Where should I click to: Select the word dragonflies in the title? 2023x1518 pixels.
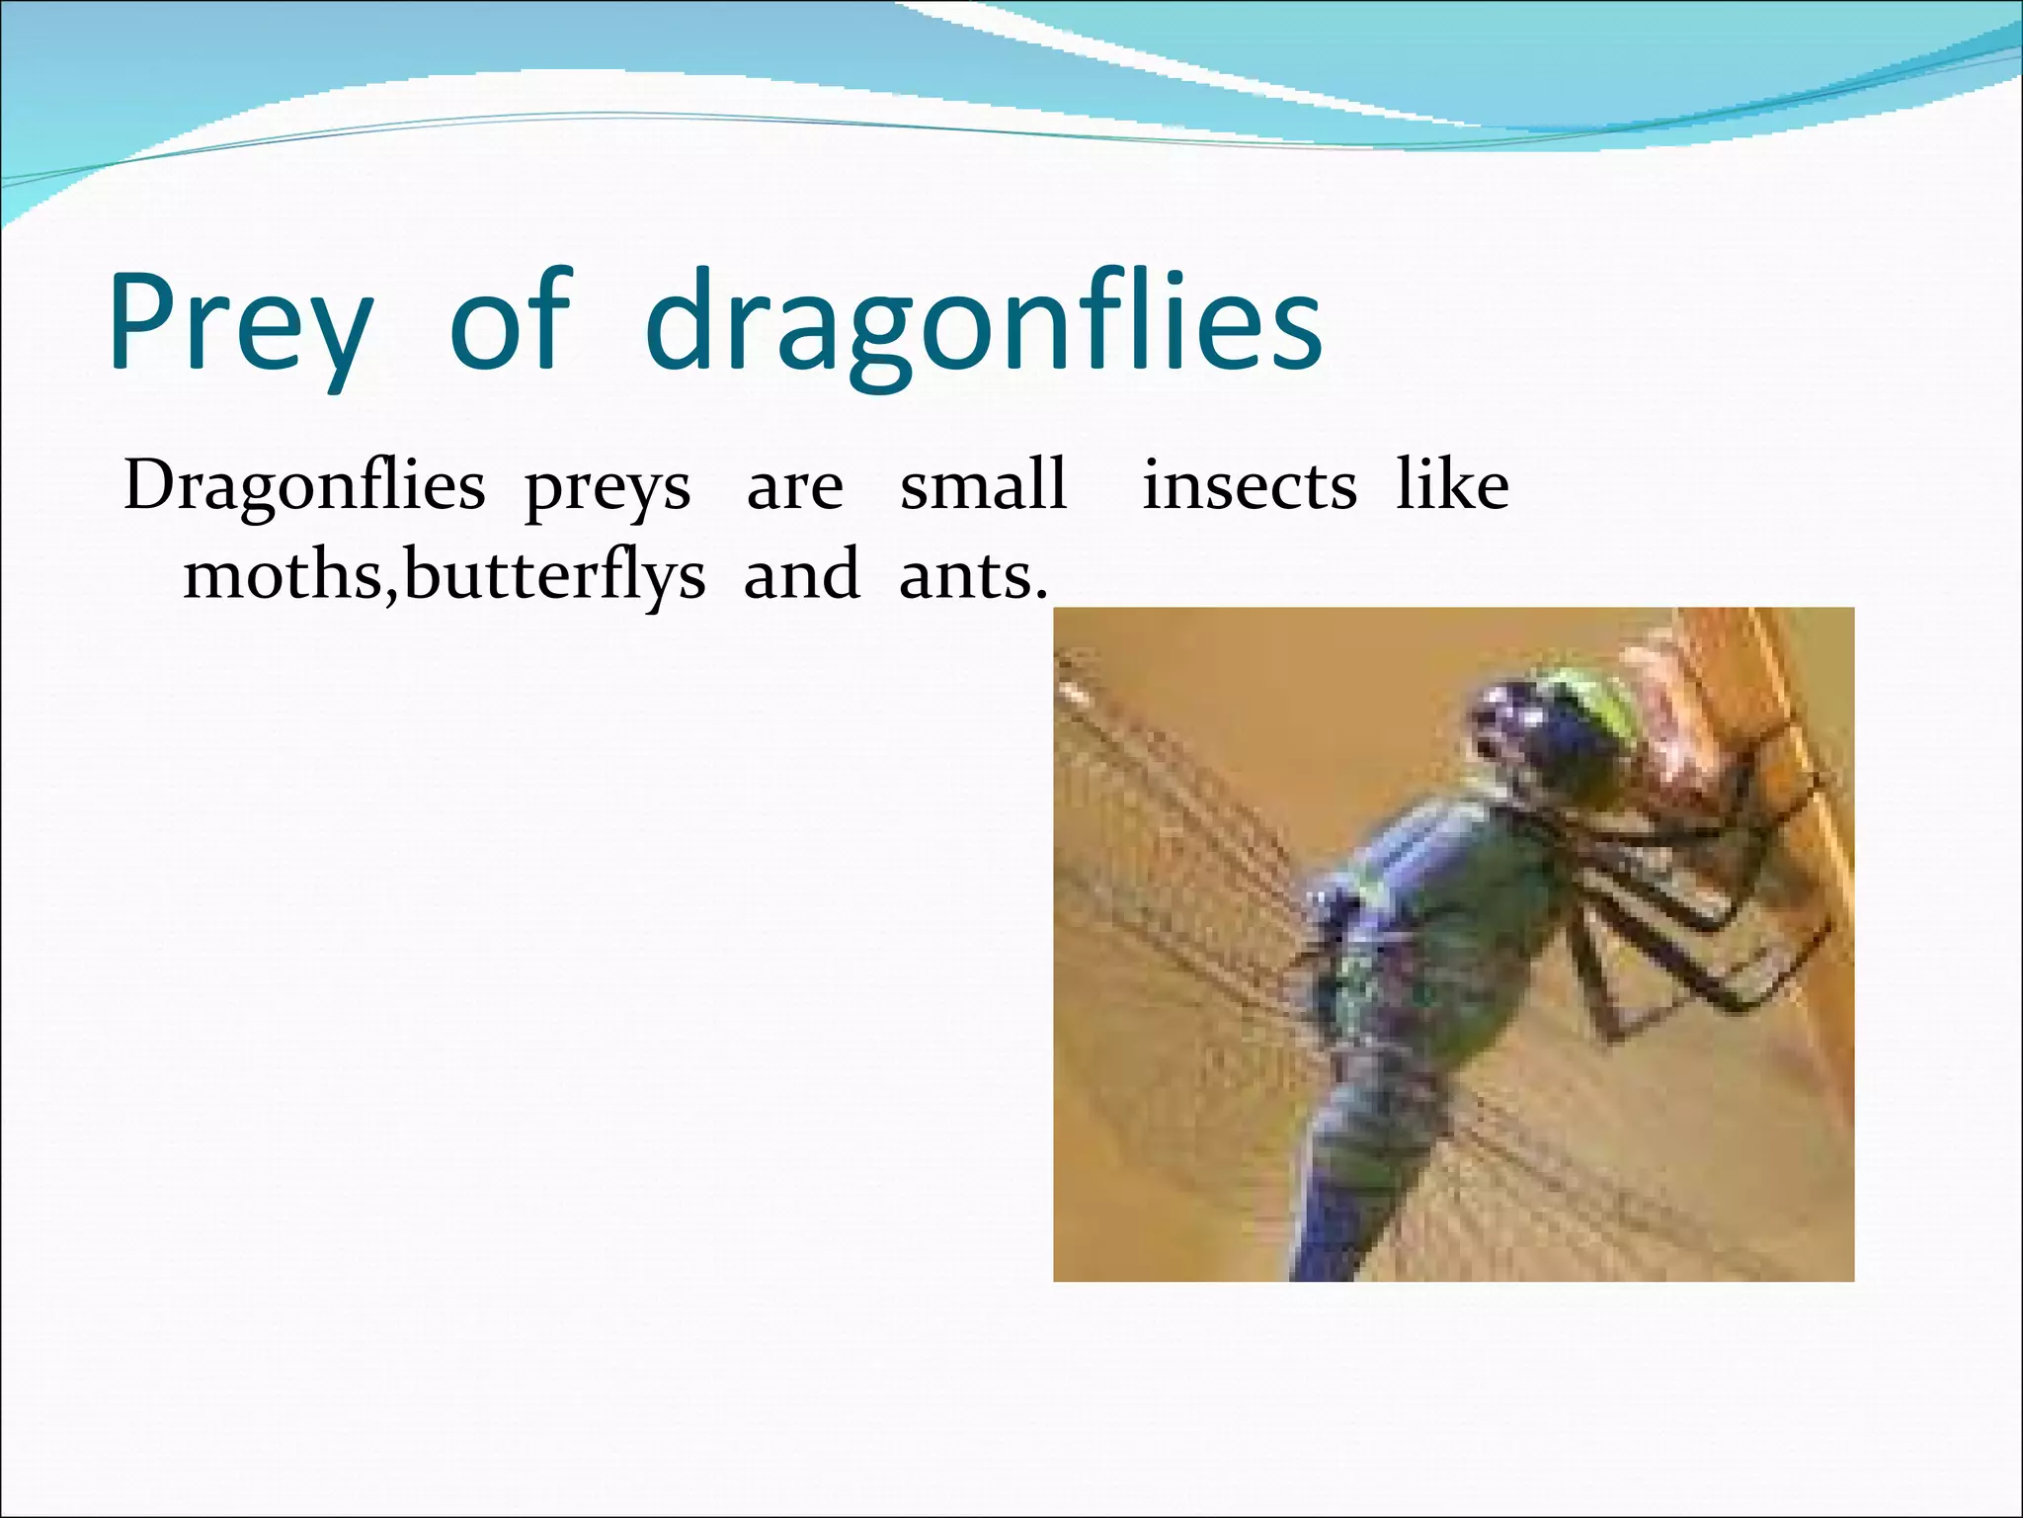point(983,321)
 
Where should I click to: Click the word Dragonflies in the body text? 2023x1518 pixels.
point(304,487)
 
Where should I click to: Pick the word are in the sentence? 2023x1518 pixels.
point(794,488)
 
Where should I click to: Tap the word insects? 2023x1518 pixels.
point(1249,485)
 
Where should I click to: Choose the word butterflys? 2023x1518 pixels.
point(554,575)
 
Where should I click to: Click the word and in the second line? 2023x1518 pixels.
point(801,574)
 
